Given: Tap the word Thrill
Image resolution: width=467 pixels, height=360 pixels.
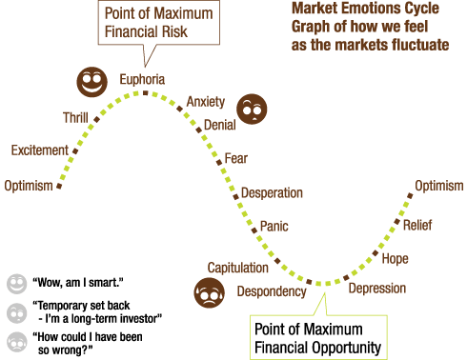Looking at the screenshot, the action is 75,118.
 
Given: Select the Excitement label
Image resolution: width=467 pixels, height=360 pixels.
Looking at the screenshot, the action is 40,150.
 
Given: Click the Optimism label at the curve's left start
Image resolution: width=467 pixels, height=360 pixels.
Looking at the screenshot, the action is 28,185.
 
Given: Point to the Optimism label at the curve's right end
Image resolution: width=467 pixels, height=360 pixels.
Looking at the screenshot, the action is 438,186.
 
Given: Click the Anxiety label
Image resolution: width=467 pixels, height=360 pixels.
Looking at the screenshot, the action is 206,102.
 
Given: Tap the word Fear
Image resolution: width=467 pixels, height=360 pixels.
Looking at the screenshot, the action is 235,158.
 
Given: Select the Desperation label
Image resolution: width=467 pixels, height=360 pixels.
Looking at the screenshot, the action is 272,192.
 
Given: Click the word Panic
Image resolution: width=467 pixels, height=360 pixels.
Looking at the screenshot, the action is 274,226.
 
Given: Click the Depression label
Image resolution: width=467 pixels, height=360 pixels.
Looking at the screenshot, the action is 376,289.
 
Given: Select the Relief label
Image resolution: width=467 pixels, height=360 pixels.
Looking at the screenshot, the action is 417,226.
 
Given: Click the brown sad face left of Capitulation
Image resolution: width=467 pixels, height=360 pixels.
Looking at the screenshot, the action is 209,293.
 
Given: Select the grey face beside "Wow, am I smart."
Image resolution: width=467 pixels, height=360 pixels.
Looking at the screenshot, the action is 15,283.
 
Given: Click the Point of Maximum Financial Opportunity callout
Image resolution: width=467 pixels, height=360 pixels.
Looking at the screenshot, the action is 318,338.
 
